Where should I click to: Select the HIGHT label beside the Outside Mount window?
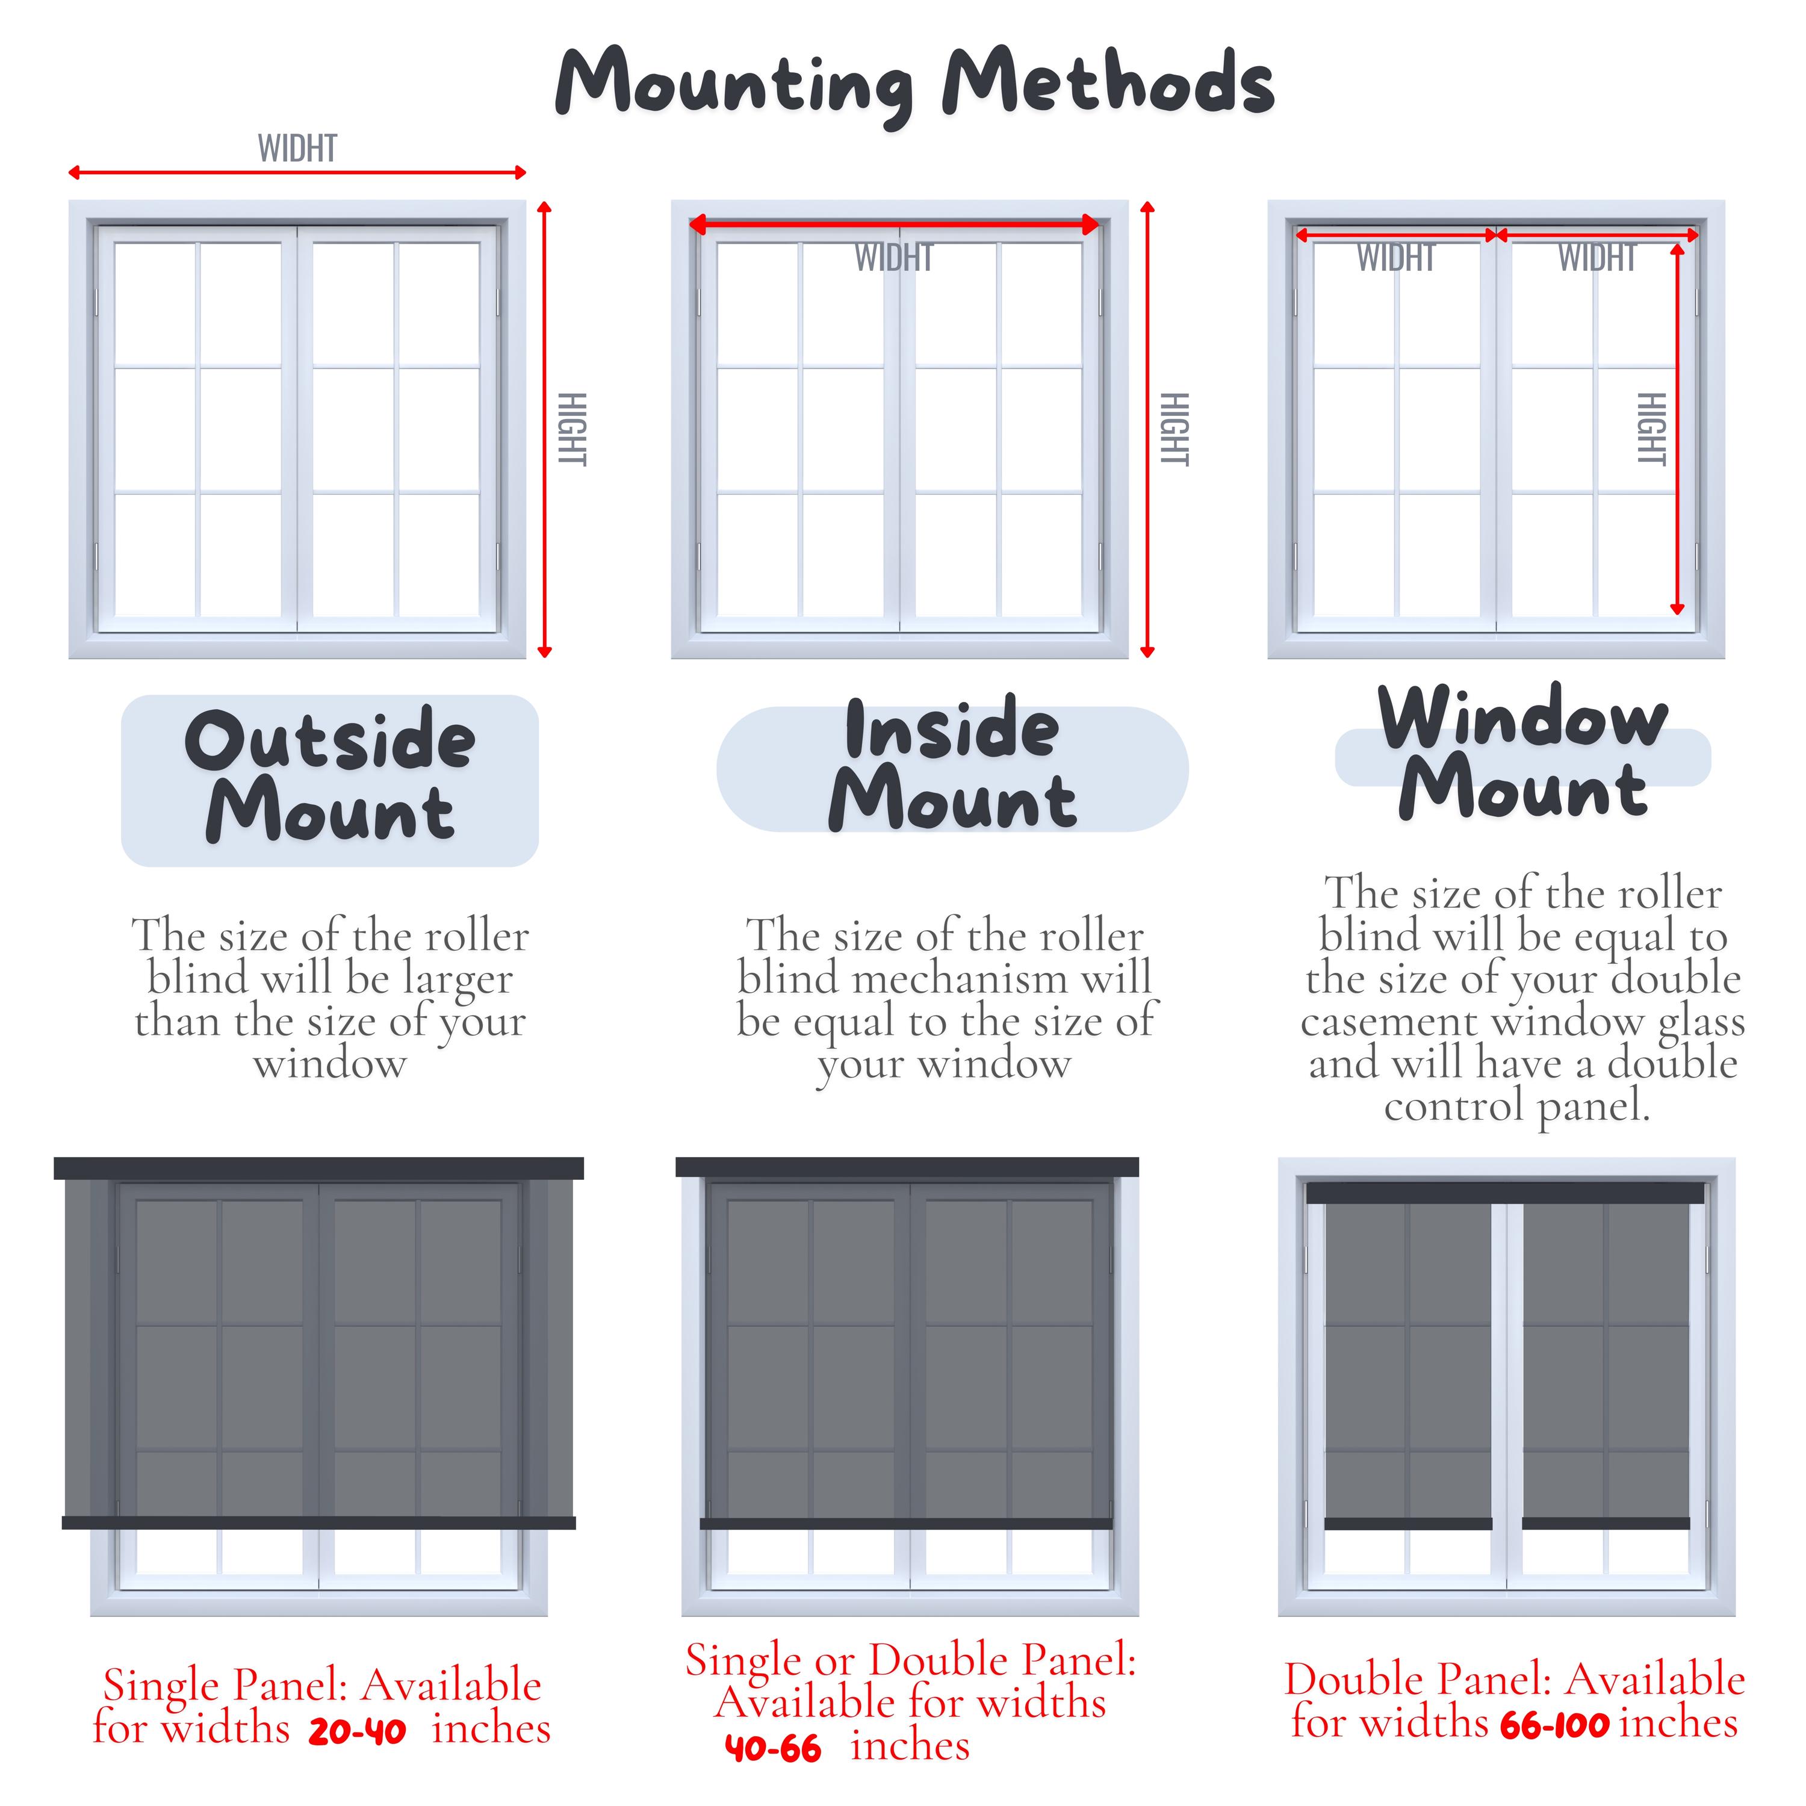(571, 429)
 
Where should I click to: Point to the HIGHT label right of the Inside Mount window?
(1174, 429)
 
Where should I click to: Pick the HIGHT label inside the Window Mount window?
(1651, 429)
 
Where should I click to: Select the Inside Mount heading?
(952, 766)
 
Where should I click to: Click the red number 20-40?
(357, 1732)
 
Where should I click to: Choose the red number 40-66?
(773, 1749)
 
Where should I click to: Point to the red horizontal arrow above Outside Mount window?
(297, 172)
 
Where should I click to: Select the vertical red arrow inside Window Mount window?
(1677, 429)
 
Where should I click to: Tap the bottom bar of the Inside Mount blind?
(906, 1524)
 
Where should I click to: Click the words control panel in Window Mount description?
(1516, 1107)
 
